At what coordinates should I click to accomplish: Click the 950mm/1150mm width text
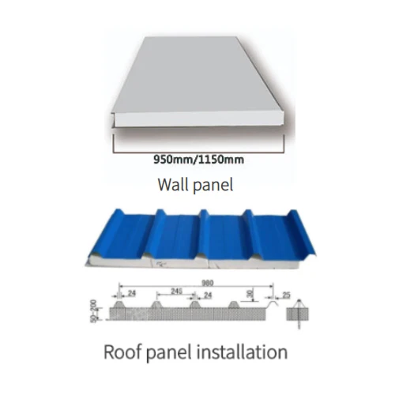198,160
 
